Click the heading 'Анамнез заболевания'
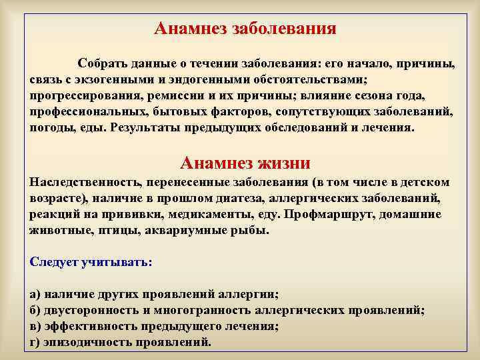coord(245,29)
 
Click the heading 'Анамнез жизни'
coord(245,163)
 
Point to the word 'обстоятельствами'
coord(307,79)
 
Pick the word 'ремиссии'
coord(168,95)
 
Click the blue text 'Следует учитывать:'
coord(91,261)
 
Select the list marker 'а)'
coord(35,295)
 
